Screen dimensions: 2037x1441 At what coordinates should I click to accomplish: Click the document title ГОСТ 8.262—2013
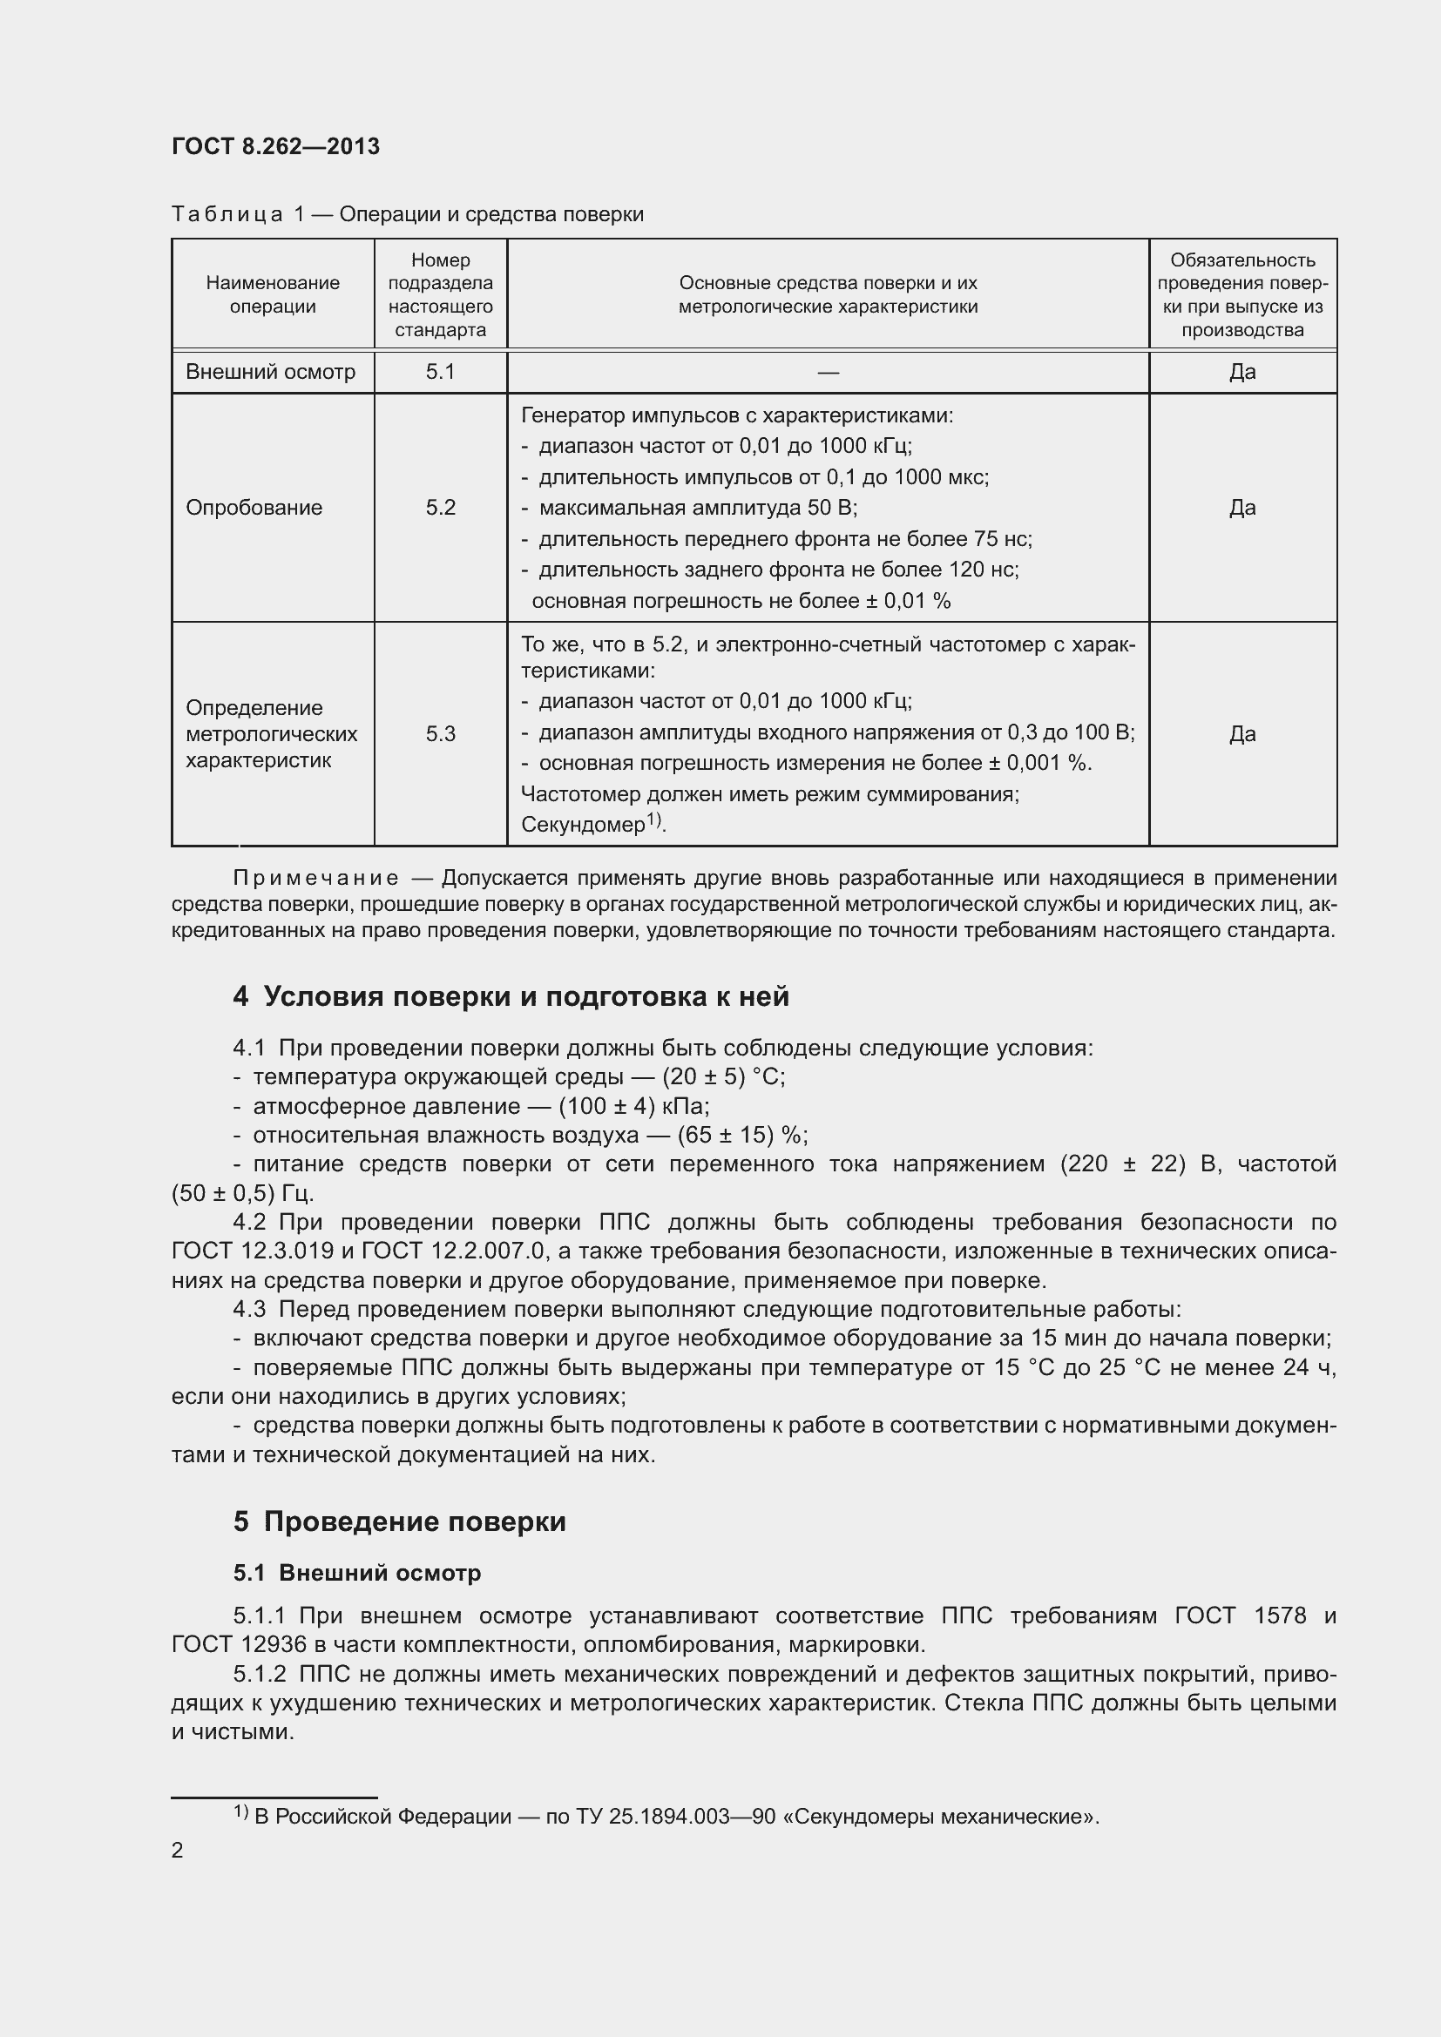point(275,146)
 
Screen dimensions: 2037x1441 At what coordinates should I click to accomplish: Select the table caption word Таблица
point(227,215)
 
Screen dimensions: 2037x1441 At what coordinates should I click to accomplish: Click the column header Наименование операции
point(273,294)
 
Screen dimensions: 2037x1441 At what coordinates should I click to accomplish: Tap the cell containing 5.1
point(440,372)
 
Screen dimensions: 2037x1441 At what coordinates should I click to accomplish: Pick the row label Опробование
point(254,508)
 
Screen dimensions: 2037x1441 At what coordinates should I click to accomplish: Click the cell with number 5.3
point(440,733)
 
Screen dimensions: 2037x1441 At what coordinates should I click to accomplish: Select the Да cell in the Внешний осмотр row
point(1242,372)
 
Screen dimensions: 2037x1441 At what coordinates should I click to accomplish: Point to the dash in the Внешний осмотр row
point(828,373)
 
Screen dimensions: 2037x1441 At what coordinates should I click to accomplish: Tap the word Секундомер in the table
point(582,825)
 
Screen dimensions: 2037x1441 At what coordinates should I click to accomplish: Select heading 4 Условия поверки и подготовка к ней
point(511,996)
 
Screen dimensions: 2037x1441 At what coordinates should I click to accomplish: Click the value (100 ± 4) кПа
point(633,1106)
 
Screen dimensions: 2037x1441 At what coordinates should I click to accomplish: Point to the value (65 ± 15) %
point(741,1136)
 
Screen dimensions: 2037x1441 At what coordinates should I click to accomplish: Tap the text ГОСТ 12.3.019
point(253,1251)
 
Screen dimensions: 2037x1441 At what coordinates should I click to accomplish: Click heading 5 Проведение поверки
point(399,1521)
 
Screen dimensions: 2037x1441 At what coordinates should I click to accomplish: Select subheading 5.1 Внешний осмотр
point(356,1573)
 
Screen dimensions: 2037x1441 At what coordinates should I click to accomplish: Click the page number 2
point(178,1851)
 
